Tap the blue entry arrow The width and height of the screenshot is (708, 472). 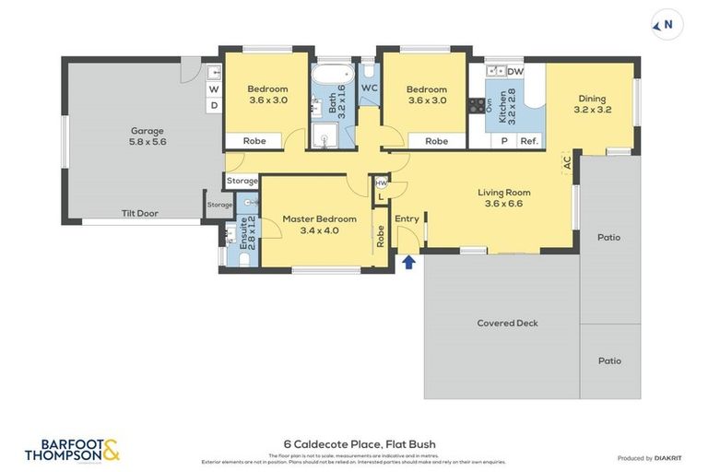click(408, 262)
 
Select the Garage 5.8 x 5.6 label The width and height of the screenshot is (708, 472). click(147, 136)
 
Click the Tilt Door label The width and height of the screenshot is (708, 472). click(140, 213)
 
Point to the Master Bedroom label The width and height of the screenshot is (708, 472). click(319, 224)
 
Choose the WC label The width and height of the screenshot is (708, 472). click(369, 88)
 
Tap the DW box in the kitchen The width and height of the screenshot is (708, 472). click(514, 71)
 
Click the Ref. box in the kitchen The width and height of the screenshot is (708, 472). click(528, 141)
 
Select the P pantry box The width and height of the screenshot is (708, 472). click(503, 141)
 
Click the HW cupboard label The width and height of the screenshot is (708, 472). click(381, 183)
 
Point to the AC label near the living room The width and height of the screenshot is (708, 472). click(567, 161)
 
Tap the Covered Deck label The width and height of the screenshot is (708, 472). click(507, 323)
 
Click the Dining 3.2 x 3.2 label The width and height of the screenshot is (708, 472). click(592, 103)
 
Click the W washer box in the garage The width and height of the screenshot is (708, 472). click(213, 89)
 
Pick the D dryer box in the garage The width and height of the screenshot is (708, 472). click(213, 105)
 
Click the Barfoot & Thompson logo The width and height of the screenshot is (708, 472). click(72, 450)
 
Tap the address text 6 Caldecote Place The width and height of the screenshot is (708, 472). click(360, 444)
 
